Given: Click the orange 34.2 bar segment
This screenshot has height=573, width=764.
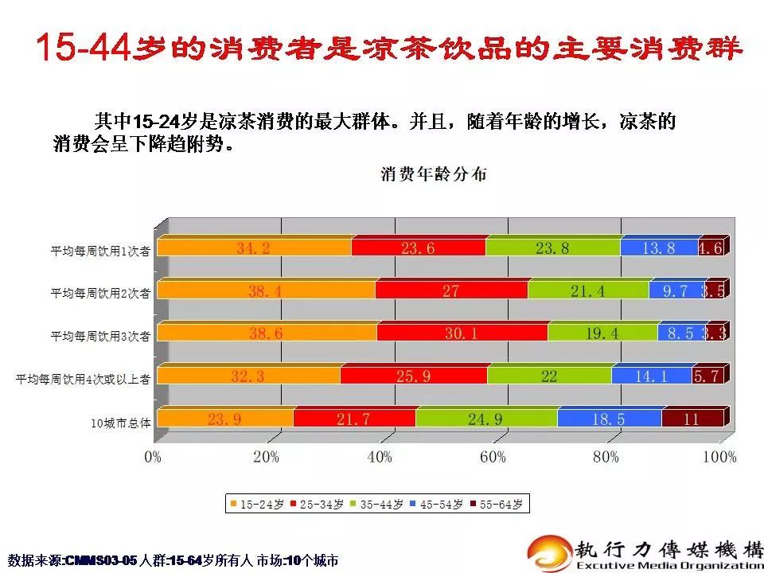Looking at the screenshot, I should click(x=254, y=248).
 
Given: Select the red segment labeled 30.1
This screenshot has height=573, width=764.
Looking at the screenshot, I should click(x=462, y=333).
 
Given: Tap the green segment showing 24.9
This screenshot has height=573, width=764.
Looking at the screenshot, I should click(x=485, y=419).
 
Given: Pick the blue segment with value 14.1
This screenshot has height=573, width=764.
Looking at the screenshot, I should click(x=651, y=376).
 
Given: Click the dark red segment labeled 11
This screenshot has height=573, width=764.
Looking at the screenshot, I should click(x=691, y=419).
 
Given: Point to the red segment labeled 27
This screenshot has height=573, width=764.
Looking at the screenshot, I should click(x=451, y=291).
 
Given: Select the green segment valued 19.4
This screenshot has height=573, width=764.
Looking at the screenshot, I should click(x=602, y=333).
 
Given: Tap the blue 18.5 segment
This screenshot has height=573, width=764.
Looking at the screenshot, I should click(x=609, y=419).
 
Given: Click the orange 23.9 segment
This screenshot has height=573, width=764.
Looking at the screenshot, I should click(x=225, y=419).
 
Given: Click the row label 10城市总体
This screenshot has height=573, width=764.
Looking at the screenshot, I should click(x=120, y=422).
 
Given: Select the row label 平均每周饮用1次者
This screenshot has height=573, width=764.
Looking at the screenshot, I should click(x=101, y=251).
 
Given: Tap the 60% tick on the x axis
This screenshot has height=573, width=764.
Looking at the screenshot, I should click(x=493, y=457).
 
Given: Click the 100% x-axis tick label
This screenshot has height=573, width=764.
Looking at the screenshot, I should click(x=719, y=457).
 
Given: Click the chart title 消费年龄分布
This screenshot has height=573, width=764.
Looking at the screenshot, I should click(x=434, y=174).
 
